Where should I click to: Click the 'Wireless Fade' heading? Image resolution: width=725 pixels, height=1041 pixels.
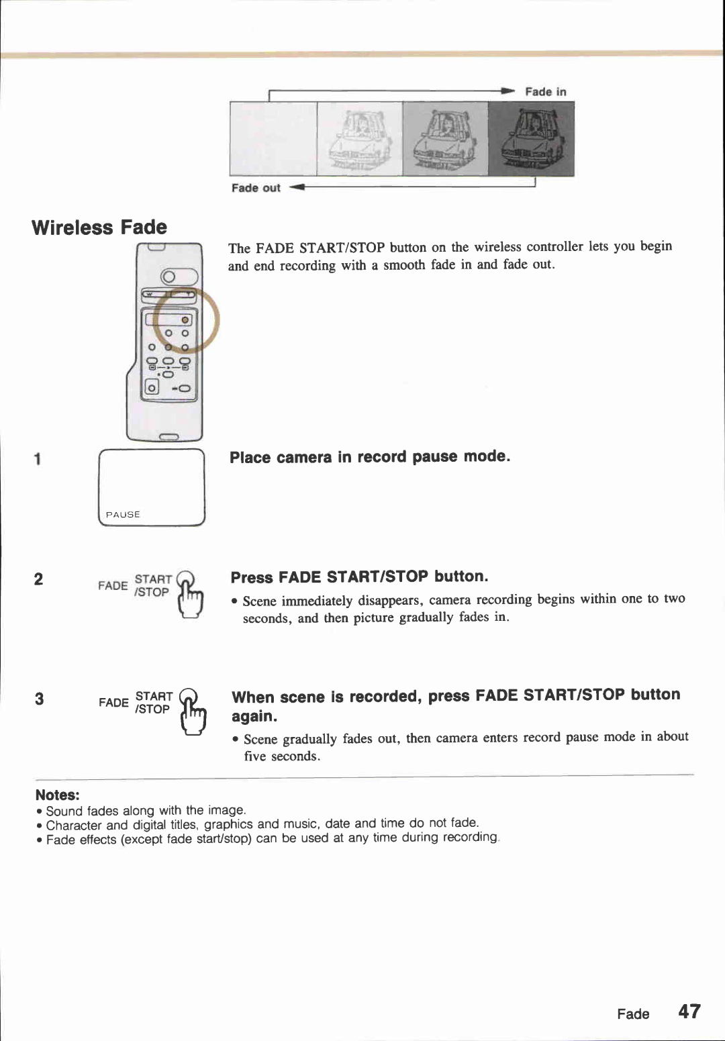point(99,228)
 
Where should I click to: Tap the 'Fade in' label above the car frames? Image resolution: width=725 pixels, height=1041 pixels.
point(545,92)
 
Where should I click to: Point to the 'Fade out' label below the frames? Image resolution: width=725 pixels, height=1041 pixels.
point(256,188)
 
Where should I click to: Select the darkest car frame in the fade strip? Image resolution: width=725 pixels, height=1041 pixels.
point(531,140)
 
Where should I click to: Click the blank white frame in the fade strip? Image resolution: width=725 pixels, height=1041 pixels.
point(273,139)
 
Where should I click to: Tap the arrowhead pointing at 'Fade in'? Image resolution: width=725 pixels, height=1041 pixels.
point(508,91)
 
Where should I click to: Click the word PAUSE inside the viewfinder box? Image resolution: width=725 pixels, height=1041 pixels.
point(123,514)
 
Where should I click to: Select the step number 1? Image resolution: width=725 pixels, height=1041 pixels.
point(38,459)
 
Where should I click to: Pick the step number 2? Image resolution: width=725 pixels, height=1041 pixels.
point(39,579)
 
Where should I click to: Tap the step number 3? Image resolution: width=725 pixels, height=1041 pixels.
point(40,699)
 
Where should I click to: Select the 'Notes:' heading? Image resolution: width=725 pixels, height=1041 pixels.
point(58,795)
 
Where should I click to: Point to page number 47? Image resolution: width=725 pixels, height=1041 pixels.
point(689,1011)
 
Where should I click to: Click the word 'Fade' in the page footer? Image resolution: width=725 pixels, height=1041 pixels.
point(633,1013)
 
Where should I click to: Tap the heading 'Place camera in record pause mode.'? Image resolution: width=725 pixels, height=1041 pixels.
point(370,457)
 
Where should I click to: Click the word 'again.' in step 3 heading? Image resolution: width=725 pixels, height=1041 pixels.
point(254,716)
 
